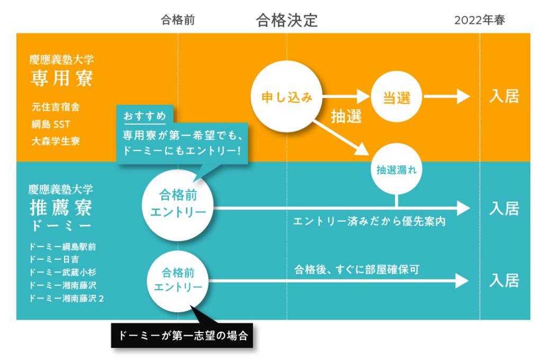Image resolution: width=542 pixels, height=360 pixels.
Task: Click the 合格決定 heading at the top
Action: tap(287, 20)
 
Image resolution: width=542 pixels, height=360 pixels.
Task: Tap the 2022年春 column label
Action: tap(480, 20)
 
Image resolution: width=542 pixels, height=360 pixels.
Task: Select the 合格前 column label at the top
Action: tap(178, 20)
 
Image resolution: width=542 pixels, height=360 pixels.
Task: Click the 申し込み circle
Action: tap(287, 97)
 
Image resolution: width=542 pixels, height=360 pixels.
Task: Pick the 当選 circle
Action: tap(397, 97)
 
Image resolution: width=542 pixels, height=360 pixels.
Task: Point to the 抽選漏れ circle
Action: tap(397, 170)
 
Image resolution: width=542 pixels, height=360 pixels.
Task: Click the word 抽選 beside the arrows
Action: tap(346, 117)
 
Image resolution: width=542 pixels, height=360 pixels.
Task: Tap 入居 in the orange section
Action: tap(504, 96)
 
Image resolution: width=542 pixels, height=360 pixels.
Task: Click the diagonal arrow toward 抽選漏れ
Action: tap(341, 137)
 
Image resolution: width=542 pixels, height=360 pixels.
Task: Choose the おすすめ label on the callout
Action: tap(144, 116)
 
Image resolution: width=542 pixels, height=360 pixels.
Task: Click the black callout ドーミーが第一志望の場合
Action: tap(183, 336)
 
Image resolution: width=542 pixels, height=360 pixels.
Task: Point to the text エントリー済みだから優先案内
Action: tap(369, 221)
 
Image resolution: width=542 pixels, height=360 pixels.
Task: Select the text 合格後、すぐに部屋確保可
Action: tap(357, 269)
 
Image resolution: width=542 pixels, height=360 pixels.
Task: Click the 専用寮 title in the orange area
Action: tap(61, 78)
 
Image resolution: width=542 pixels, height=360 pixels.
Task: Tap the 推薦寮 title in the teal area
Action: tap(61, 207)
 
